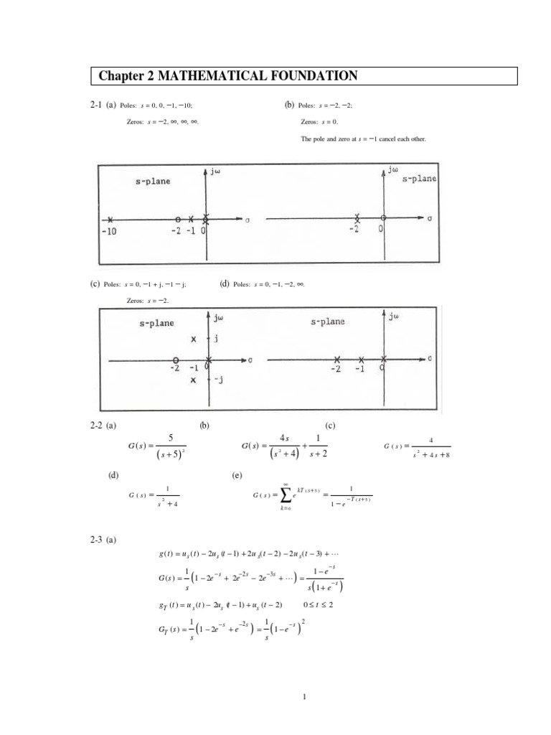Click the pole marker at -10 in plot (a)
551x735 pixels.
[x=110, y=219]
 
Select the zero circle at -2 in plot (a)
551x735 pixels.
[x=178, y=219]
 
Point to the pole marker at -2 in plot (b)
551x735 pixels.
[x=357, y=218]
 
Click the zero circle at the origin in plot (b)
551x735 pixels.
[x=383, y=218]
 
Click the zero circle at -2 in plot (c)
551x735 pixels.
[x=175, y=360]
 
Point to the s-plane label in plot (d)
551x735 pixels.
[x=328, y=322]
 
